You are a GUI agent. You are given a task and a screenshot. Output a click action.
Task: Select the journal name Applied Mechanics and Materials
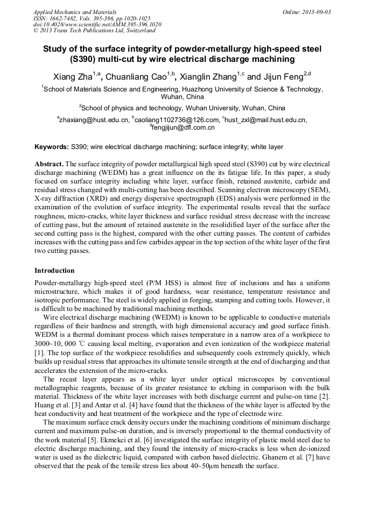74,12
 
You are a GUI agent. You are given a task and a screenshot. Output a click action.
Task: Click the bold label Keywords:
52,146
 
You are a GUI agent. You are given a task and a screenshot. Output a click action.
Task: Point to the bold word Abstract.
49,163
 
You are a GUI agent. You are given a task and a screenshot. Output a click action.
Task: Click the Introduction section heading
54,271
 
